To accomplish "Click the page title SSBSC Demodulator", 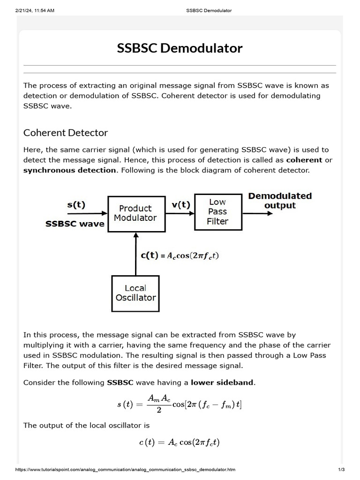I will click(x=180, y=48).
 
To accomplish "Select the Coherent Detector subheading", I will click(x=66, y=133).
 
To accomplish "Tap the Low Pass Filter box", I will click(x=217, y=211).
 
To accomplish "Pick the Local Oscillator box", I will click(x=135, y=293).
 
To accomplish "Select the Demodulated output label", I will click(x=280, y=201).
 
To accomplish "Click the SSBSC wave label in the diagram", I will click(x=75, y=224).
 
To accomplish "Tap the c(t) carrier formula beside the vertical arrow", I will click(x=180, y=255).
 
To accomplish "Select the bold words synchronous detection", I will click(x=69, y=170).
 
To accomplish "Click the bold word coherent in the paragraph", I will click(x=304, y=160).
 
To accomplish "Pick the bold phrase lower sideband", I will click(x=222, y=382).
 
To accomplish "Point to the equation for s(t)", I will click(x=180, y=404).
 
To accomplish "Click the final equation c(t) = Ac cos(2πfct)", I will click(x=180, y=442).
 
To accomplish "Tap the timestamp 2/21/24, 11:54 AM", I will click(x=35, y=10).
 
